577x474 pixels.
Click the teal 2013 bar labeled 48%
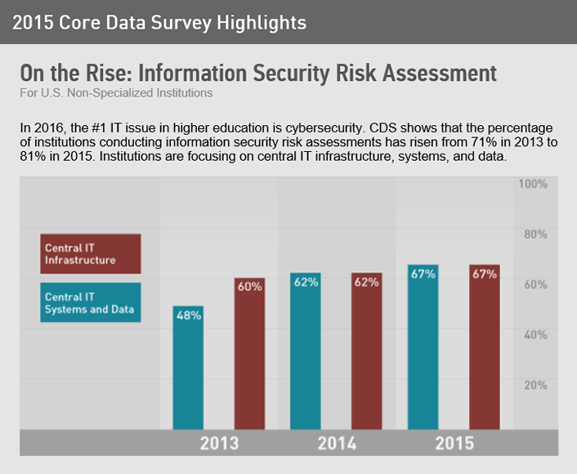188,368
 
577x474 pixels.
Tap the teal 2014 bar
306,351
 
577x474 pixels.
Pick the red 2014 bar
366,351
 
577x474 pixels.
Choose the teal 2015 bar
423,347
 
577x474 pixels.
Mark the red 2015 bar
484,347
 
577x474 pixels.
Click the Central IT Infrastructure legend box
91,253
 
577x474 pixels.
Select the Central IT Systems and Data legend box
91,303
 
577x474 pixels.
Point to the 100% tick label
533,184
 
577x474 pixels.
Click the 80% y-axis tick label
535,235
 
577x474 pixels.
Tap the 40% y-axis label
535,334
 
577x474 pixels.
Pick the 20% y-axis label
535,384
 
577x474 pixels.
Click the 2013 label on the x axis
219,444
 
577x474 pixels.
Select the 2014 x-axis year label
336,444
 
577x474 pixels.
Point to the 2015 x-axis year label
454,444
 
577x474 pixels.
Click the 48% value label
189,315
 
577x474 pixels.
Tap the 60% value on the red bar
249,287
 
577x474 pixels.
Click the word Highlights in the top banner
262,23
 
